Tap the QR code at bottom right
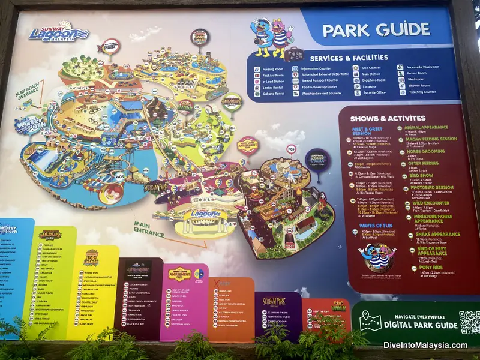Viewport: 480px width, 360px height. (469, 323)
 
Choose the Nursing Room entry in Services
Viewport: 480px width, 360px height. (273, 68)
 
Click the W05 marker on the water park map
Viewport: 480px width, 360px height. (119, 176)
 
